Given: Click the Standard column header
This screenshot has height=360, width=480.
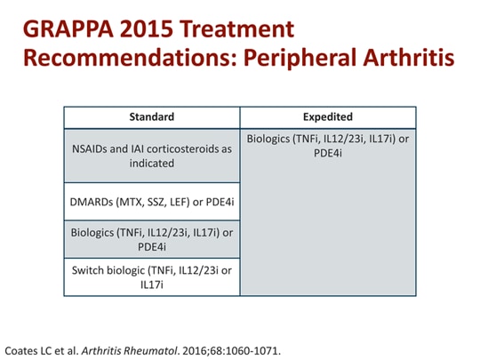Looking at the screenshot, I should [x=152, y=116].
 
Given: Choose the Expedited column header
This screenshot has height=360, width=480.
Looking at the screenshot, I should [x=328, y=116].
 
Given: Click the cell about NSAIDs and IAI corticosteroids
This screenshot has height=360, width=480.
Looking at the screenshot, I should [x=152, y=156].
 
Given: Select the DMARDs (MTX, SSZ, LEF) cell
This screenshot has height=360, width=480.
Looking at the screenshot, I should [x=152, y=202].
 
